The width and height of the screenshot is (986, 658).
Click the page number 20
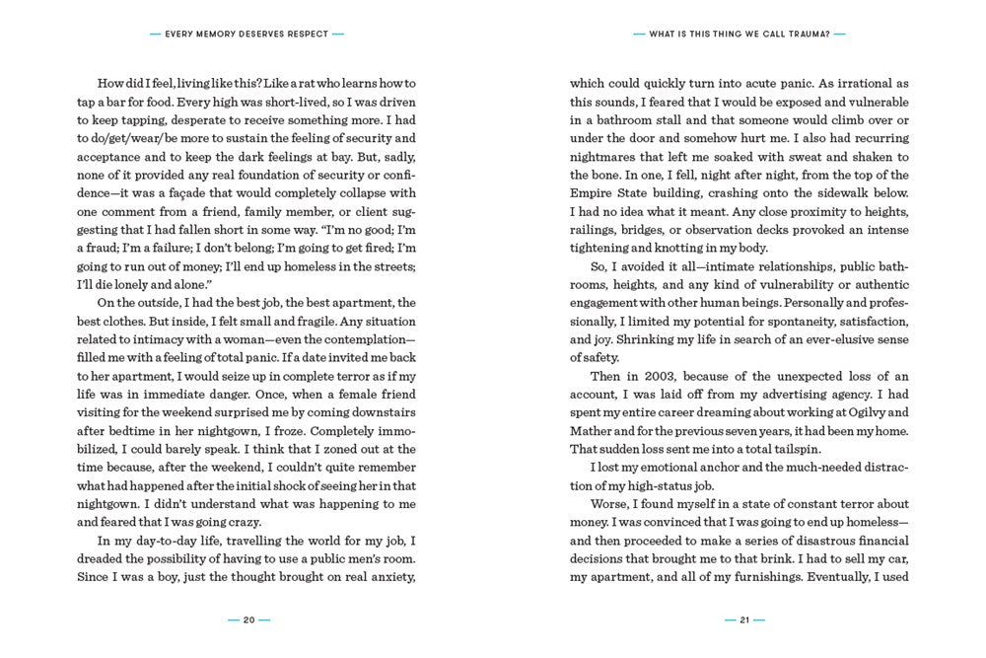[x=248, y=620]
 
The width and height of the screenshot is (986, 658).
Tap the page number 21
[x=744, y=620]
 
